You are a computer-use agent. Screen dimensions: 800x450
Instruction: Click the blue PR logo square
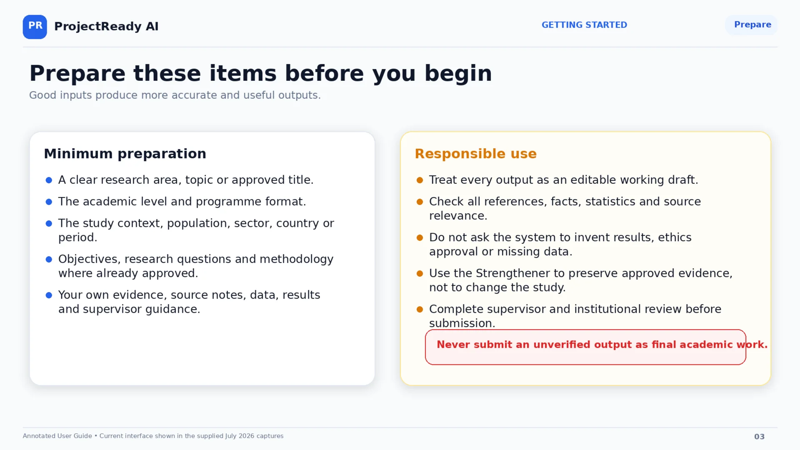(35, 27)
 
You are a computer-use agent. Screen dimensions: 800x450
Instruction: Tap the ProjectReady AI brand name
(106, 26)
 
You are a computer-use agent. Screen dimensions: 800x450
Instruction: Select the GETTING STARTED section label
(584, 25)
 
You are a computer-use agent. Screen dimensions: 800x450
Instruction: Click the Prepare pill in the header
(751, 25)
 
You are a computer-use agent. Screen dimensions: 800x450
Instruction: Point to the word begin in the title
(458, 74)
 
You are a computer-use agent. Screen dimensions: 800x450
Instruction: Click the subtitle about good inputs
(175, 95)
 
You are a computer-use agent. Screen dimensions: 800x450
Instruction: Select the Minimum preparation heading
(125, 154)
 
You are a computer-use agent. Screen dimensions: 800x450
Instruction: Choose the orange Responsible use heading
(476, 154)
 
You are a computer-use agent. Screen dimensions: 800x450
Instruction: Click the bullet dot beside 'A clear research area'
(49, 180)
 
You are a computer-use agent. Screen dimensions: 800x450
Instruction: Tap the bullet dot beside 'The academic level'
(49, 202)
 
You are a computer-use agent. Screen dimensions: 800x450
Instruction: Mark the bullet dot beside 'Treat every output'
(420, 180)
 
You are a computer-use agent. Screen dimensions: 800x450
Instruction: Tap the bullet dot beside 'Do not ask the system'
(420, 237)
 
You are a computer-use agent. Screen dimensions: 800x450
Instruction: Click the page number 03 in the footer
(759, 437)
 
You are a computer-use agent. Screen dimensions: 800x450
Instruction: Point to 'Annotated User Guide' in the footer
(57, 436)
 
